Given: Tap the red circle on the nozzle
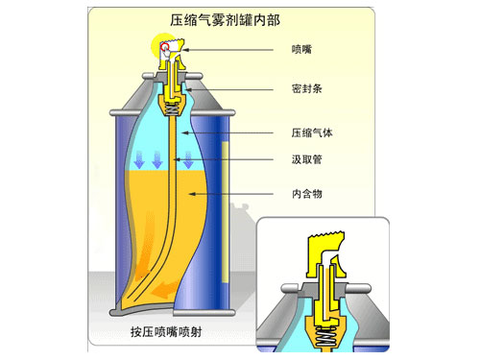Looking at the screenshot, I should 165,46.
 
